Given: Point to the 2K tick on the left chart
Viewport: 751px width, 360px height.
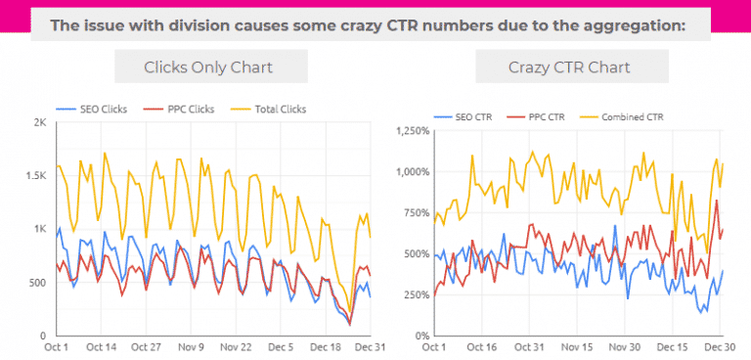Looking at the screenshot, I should pyautogui.click(x=40, y=123).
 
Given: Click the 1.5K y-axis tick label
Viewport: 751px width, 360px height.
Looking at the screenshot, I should pyautogui.click(x=35, y=176).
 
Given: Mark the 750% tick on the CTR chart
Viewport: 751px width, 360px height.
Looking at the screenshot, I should pyautogui.click(x=414, y=212).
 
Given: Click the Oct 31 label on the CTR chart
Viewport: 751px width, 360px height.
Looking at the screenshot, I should pyautogui.click(x=528, y=346).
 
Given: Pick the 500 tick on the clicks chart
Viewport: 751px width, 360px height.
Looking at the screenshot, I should pyautogui.click(x=37, y=283).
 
